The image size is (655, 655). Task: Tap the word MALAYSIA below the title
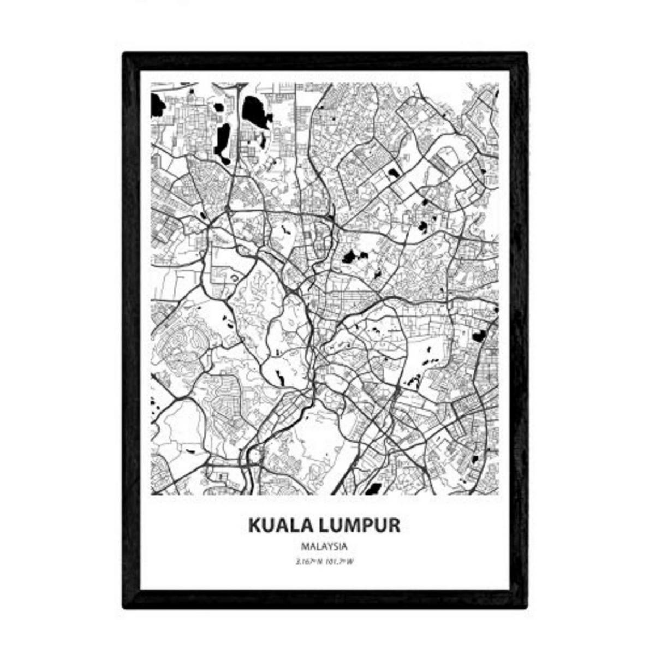(324, 546)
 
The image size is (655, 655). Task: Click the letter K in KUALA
(255, 525)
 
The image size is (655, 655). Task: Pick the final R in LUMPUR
(394, 525)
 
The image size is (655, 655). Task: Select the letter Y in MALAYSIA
(331, 546)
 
